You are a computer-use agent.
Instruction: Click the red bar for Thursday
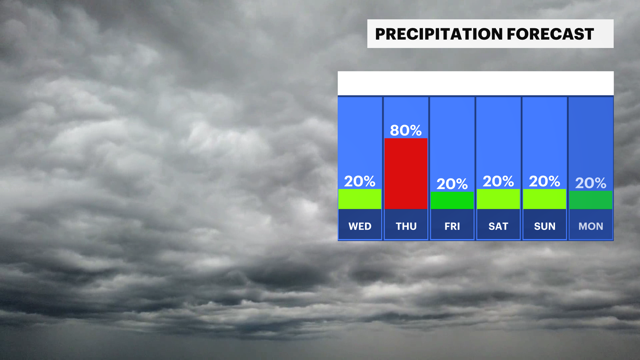(x=406, y=174)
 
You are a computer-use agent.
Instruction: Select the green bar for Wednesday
(x=360, y=199)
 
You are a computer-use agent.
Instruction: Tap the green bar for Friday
(x=452, y=200)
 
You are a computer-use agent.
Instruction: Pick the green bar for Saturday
(x=498, y=199)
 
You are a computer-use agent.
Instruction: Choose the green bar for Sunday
(x=544, y=199)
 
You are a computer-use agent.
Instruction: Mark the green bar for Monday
(x=591, y=200)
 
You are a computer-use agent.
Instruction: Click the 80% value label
(x=406, y=130)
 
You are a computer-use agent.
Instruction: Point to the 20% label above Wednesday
(x=360, y=181)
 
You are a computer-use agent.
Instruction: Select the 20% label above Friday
(x=452, y=184)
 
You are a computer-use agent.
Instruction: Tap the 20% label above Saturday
(x=498, y=181)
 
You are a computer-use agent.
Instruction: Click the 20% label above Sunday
(x=544, y=181)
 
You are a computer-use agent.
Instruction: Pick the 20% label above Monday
(x=591, y=183)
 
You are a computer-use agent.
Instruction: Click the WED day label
(x=360, y=226)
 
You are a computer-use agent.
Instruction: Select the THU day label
(x=406, y=226)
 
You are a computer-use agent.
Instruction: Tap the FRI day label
(x=452, y=226)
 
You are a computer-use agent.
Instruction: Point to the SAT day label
(x=498, y=226)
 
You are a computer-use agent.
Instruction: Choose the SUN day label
(x=545, y=226)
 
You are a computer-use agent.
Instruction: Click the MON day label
(x=591, y=226)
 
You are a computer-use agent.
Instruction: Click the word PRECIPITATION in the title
(x=439, y=34)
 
